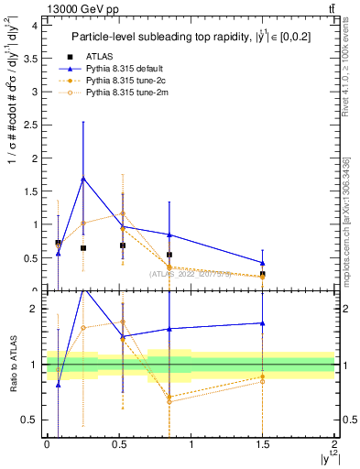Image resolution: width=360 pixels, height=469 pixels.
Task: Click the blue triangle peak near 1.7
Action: pos(83,179)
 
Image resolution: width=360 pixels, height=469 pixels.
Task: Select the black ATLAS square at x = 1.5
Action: pos(263,274)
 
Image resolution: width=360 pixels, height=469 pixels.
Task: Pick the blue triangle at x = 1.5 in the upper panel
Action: pos(263,263)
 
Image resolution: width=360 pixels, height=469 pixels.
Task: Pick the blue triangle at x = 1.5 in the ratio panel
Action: pos(263,322)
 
